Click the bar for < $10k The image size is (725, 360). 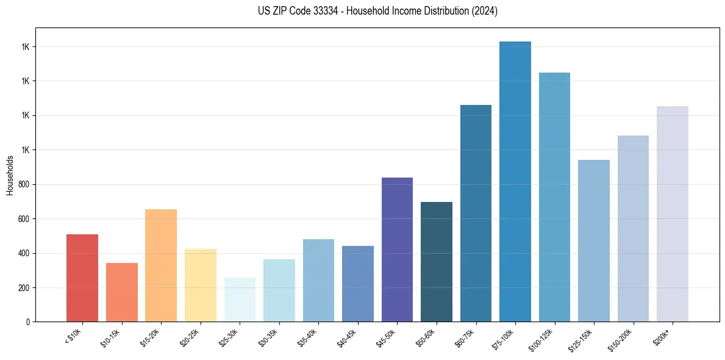82,278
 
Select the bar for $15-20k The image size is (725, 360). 161,265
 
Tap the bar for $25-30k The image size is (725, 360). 240,300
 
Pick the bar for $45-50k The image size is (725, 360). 397,250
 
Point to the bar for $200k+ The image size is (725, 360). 673,214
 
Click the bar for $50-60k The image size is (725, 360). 437,262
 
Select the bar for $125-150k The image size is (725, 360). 594,240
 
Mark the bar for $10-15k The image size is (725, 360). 122,292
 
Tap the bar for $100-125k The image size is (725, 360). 554,197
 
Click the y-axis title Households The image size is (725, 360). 10,175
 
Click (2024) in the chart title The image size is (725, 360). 485,11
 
